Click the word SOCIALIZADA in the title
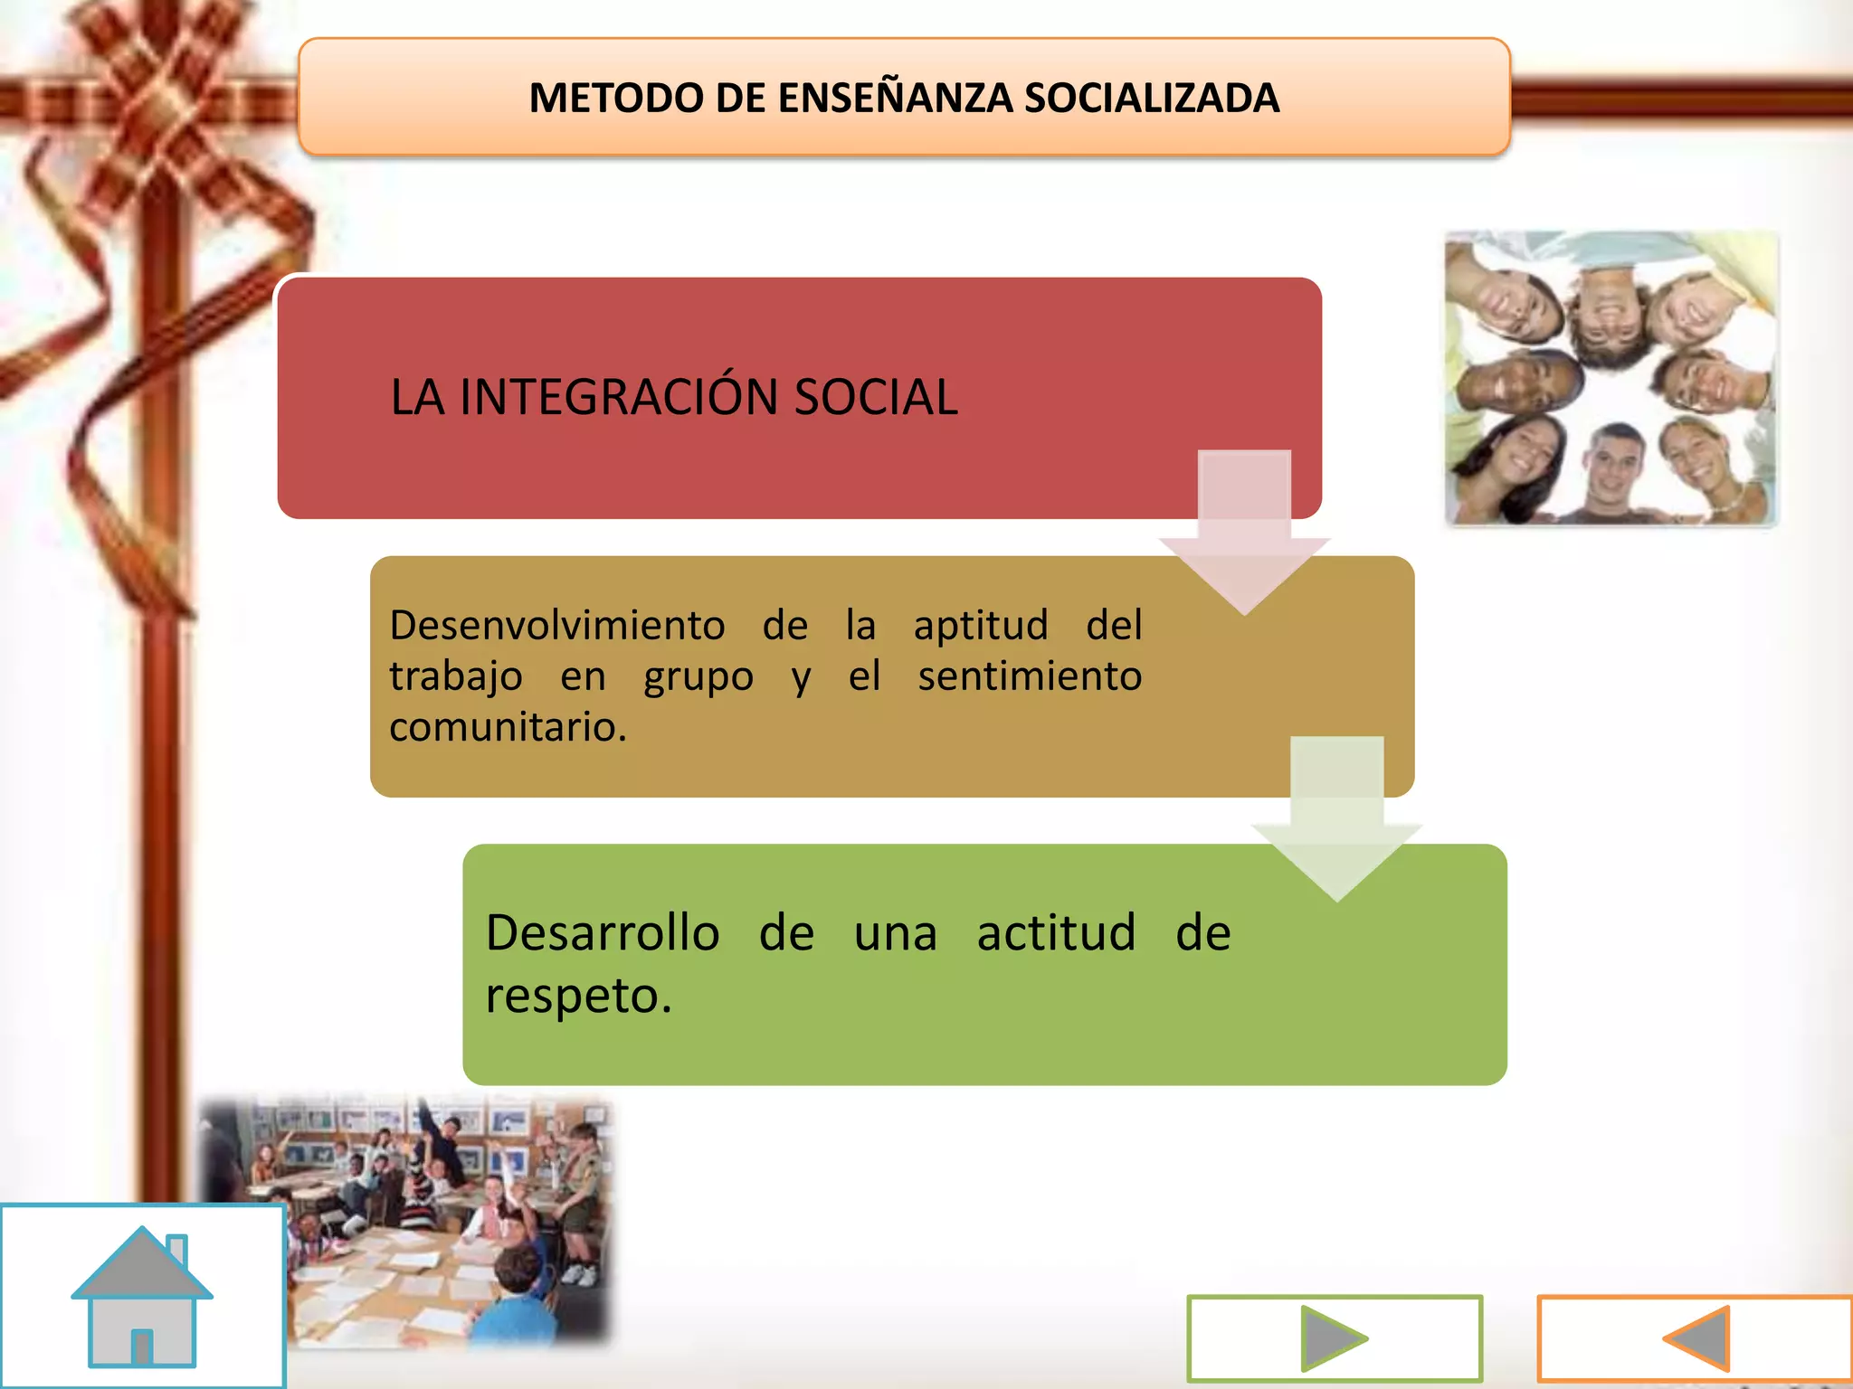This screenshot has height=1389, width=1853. pos(1151,98)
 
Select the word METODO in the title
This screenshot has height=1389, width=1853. pos(615,98)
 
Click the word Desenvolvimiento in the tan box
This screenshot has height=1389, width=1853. pos(557,625)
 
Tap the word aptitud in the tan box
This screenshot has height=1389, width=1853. pos(981,625)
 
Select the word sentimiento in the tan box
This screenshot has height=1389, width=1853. pos(1030,676)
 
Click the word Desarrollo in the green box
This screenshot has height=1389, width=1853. pos(603,932)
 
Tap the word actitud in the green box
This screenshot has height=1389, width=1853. pos(1056,932)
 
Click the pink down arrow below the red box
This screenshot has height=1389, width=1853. pos(1244,534)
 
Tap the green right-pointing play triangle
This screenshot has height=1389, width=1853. pos(1332,1338)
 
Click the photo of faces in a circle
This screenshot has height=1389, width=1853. pos(1611,378)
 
